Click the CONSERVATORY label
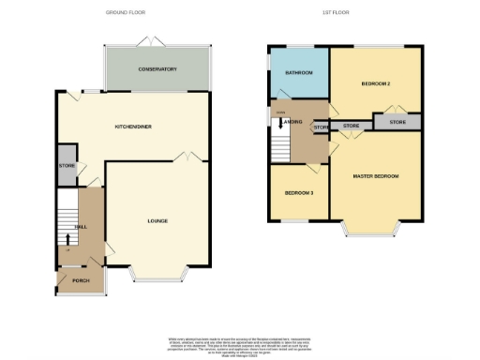click(x=157, y=69)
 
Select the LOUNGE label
click(x=157, y=222)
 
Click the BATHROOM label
click(x=298, y=72)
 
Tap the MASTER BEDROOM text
click(x=376, y=175)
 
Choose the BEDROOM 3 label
click(x=299, y=193)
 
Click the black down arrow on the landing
click(x=280, y=119)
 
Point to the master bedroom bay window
click(x=372, y=228)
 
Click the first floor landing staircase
click(x=280, y=143)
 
